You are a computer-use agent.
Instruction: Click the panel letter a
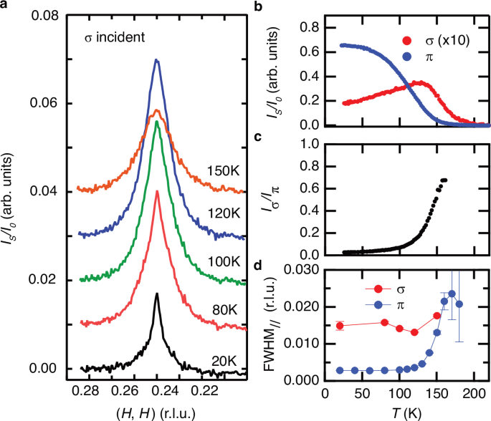point(6,6)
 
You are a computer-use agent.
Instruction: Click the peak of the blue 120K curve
point(156,60)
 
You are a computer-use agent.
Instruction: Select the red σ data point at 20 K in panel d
point(340,326)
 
